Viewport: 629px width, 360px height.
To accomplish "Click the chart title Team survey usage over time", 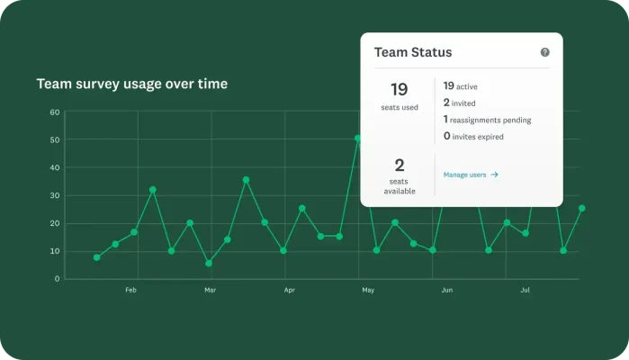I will [131, 84].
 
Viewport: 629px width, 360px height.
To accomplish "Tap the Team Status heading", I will [413, 53].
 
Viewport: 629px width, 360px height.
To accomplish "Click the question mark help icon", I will [544, 52].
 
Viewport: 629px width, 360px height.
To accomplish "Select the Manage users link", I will [471, 175].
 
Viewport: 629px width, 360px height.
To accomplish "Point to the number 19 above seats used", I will [399, 89].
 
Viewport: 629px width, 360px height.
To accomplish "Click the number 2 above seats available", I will [399, 165].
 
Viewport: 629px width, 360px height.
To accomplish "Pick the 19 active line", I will [460, 86].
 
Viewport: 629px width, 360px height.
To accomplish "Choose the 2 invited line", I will [459, 103].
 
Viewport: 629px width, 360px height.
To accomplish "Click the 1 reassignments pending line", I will [487, 120].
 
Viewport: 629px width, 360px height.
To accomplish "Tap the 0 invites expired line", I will [473, 137].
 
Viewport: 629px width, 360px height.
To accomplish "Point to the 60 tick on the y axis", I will [55, 112].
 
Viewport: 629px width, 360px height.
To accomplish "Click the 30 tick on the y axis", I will [55, 195].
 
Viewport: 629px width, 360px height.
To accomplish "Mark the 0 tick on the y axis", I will [57, 278].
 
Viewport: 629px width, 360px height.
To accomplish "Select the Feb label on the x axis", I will [130, 291].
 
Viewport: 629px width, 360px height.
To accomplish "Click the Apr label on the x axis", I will [289, 291].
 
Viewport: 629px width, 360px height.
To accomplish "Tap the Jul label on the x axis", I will [526, 291].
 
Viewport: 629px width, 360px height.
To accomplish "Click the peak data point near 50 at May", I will [358, 139].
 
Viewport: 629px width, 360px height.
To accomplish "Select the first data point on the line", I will [97, 257].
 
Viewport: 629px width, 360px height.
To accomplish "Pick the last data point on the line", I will [582, 208].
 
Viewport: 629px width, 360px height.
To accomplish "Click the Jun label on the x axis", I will [447, 291].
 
